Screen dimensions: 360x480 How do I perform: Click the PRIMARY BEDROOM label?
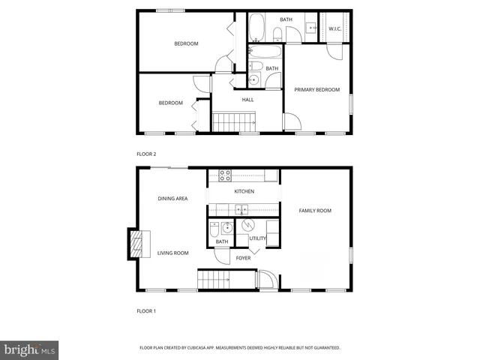316,89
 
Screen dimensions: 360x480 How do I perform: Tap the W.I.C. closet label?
334,29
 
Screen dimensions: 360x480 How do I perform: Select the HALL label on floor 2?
247,99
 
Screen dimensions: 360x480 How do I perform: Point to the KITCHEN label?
244,191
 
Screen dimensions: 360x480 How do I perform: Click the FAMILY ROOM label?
315,211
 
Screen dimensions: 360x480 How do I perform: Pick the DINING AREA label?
172,199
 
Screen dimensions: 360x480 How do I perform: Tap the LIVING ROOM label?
173,253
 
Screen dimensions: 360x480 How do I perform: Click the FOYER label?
243,258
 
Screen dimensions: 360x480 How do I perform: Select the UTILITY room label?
257,238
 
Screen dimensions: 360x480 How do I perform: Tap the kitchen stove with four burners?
223,176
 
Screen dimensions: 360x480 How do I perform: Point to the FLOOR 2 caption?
146,154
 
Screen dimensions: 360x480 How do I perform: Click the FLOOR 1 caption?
146,310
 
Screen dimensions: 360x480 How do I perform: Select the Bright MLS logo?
30,349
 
